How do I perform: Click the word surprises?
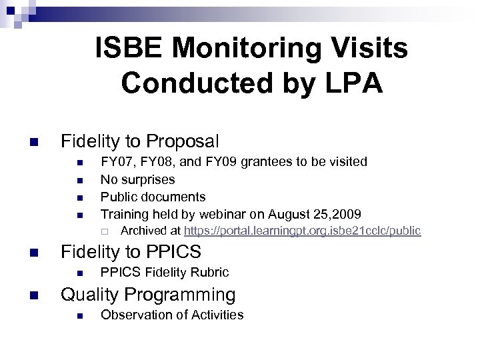tap(147, 179)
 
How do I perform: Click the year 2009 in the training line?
tap(348, 214)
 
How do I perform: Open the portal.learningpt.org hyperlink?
tap(302, 231)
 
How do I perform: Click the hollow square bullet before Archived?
tap(105, 231)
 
